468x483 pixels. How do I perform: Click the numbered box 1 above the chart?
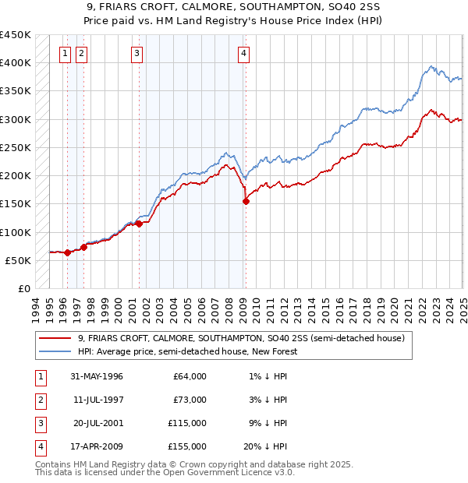point(64,54)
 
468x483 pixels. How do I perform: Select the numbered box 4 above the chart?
point(244,54)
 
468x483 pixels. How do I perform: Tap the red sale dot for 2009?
point(246,201)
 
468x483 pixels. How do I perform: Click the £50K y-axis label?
point(19,260)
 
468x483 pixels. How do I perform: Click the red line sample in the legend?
point(55,339)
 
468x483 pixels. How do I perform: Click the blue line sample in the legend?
point(55,352)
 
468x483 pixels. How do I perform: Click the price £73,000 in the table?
point(189,400)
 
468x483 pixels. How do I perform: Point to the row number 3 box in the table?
point(38,424)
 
